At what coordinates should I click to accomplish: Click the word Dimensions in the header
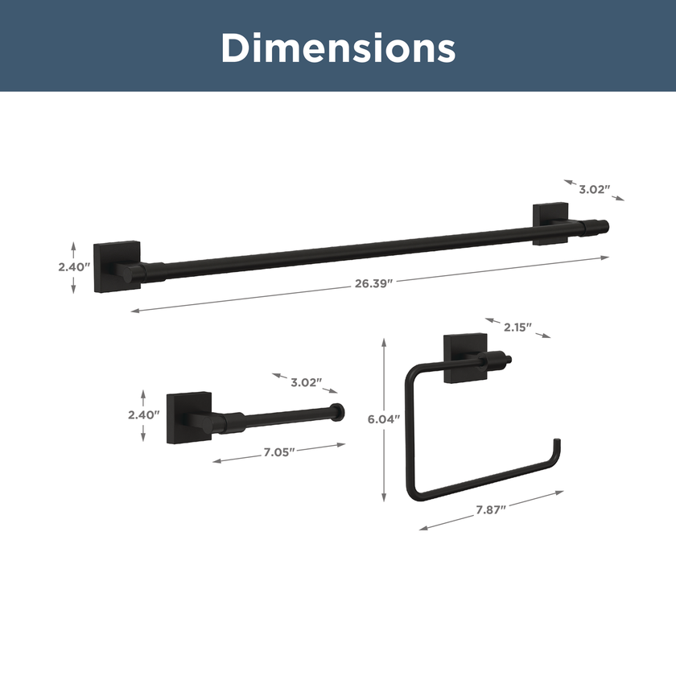[x=339, y=47]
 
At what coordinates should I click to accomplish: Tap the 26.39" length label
[x=373, y=283]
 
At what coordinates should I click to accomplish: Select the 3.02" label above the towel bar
[x=595, y=190]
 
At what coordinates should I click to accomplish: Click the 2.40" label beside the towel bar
[x=74, y=267]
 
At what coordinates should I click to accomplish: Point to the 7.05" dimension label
[x=279, y=452]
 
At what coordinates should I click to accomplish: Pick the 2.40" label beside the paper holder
[x=143, y=414]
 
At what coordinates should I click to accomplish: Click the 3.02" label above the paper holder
[x=307, y=382]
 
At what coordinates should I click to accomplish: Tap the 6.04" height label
[x=384, y=419]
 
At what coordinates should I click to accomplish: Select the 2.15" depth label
[x=517, y=328]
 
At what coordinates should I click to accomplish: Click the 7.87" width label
[x=491, y=510]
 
